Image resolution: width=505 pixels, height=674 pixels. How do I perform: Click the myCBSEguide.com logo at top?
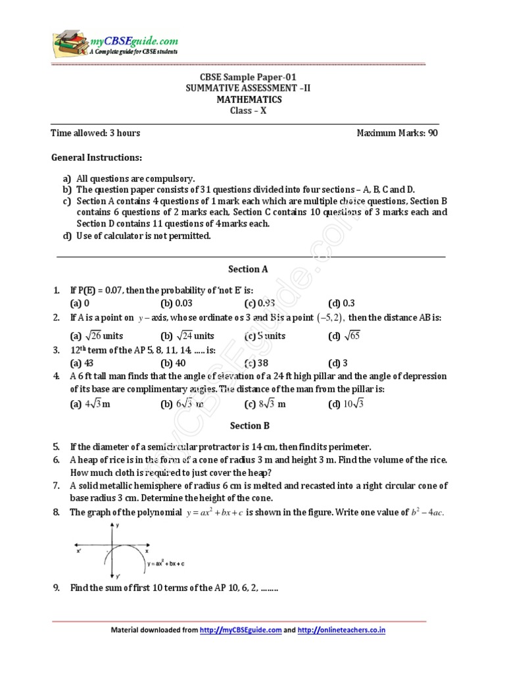[x=116, y=44]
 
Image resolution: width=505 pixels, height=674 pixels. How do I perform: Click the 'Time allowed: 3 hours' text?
[x=95, y=133]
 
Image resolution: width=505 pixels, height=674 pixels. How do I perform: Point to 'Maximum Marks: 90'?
[x=397, y=133]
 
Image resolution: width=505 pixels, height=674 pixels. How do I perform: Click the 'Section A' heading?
[x=248, y=269]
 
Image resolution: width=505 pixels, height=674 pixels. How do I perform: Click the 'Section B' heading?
[x=248, y=426]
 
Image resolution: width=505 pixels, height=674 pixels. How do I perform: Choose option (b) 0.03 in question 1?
[x=176, y=303]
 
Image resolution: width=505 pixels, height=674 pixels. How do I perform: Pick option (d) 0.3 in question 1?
[x=341, y=303]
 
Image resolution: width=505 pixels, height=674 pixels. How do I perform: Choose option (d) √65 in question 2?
[x=345, y=336]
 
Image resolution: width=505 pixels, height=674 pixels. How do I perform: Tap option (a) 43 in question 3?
[x=82, y=363]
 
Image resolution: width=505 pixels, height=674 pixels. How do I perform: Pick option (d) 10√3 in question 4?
[x=346, y=404]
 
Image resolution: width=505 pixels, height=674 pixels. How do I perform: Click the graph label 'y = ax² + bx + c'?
[x=166, y=564]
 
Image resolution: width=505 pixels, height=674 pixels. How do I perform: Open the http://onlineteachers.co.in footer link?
[x=341, y=630]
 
